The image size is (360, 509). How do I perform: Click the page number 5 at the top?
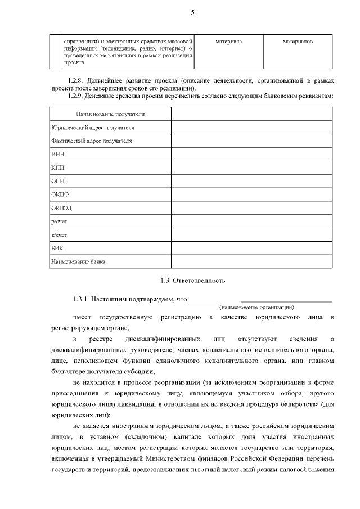point(192,12)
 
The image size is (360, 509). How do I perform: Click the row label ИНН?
point(56,154)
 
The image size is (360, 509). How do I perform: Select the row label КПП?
point(56,168)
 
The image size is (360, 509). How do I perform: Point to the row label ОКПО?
point(59,195)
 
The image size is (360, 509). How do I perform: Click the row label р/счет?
point(58,222)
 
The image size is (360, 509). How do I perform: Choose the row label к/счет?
point(58,235)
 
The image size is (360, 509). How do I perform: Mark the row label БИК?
point(56,249)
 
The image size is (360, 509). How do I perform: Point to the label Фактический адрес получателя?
point(92,141)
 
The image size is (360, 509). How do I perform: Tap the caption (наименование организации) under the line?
point(256,307)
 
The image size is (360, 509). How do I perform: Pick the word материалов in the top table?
point(298,42)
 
